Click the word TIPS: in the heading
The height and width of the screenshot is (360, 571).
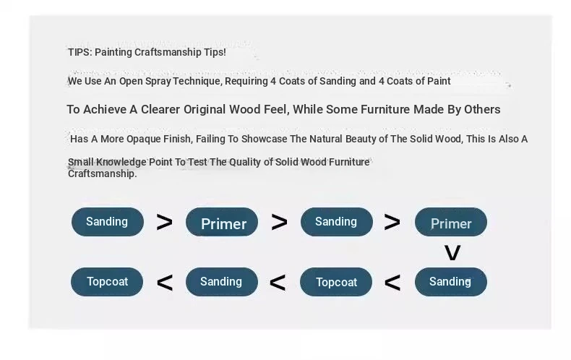click(80, 52)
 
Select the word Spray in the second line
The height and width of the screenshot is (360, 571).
click(158, 81)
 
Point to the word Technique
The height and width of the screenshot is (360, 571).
click(197, 81)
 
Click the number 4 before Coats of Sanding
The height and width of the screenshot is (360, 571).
click(273, 81)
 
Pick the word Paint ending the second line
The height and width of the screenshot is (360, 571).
click(439, 81)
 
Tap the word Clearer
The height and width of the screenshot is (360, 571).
click(160, 109)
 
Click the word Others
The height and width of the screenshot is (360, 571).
click(482, 109)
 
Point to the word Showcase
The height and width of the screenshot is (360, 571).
click(264, 139)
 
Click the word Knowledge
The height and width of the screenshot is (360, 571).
click(121, 162)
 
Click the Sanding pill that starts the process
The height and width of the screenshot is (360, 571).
click(108, 222)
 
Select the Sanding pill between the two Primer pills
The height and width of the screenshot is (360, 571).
click(337, 222)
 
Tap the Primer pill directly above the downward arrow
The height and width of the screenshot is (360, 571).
click(451, 222)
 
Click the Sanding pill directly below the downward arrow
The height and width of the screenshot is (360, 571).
click(451, 282)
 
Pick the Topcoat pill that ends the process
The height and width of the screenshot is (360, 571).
click(107, 282)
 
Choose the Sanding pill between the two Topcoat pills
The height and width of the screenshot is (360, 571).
click(222, 282)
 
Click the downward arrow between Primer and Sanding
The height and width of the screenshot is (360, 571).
click(452, 252)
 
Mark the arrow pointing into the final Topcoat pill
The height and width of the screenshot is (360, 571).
click(165, 283)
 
